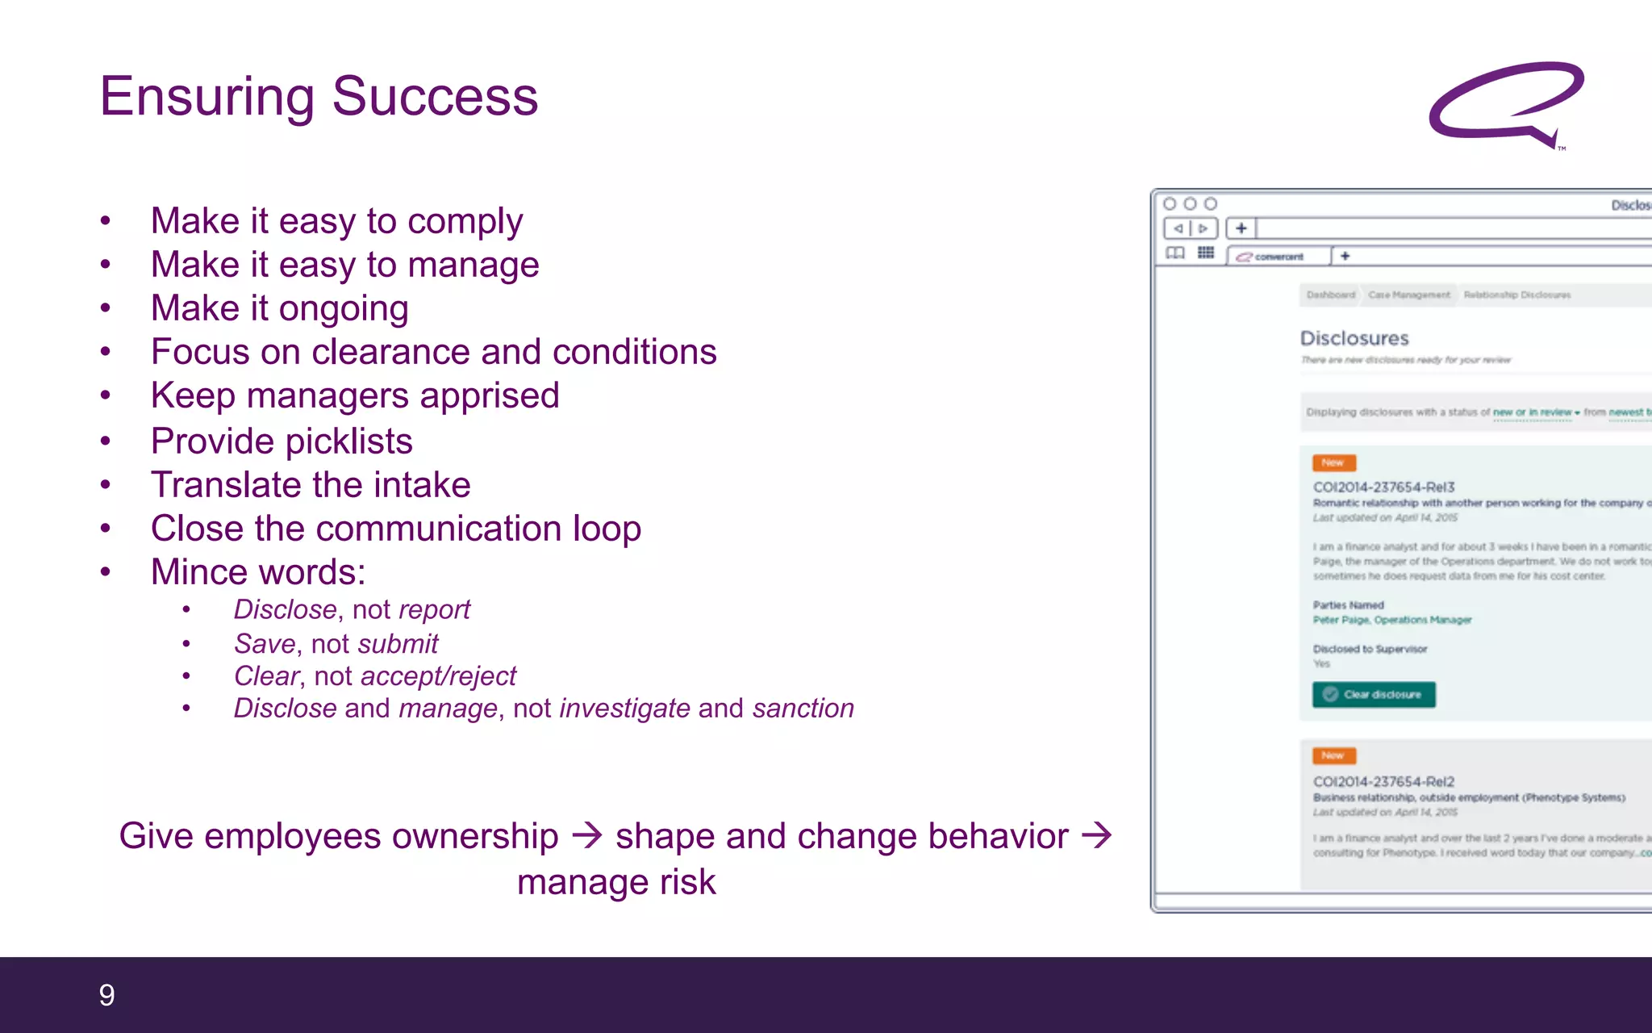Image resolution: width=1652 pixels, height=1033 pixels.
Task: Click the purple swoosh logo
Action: (1505, 103)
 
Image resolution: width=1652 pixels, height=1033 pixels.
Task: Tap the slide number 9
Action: (106, 995)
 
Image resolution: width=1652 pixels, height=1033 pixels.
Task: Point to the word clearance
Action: (390, 353)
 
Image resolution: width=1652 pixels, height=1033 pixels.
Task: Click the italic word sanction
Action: (803, 709)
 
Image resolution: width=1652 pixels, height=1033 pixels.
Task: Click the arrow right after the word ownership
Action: (586, 835)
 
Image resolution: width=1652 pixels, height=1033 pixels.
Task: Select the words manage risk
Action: (616, 882)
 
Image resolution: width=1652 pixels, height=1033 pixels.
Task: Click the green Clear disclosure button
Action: (1373, 695)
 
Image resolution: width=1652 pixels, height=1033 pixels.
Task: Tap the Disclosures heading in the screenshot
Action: (1354, 338)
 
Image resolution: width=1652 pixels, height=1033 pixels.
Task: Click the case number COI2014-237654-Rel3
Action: (1383, 487)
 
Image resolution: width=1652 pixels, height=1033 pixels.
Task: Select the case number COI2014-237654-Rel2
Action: (1383, 781)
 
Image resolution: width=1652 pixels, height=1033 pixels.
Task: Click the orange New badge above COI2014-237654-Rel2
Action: (1333, 755)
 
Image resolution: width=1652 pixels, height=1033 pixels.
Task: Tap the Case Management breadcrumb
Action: (1408, 295)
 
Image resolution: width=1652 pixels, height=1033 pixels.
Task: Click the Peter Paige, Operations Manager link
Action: (1391, 620)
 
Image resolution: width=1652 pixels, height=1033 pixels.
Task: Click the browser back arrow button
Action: (1178, 228)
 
